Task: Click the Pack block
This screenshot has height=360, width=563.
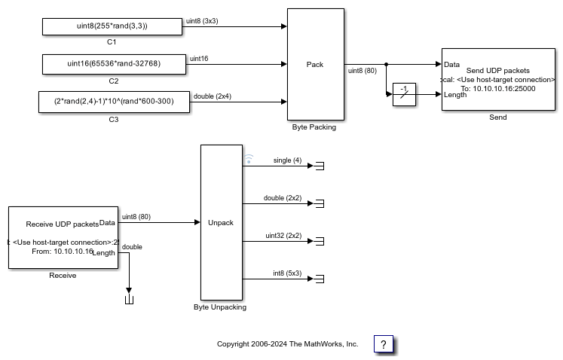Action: pos(315,65)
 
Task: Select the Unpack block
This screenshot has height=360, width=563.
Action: pos(221,222)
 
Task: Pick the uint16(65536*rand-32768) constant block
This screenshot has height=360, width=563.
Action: pos(113,64)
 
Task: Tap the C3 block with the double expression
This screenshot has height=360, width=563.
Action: pos(113,102)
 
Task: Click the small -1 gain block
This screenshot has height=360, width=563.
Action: pos(405,94)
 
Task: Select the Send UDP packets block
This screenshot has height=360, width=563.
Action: pos(497,79)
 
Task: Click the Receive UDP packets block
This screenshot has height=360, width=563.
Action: pos(63,237)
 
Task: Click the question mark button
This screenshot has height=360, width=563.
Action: pos(384,344)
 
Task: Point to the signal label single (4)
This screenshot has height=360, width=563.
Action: pos(287,160)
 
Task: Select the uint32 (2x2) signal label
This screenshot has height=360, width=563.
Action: pos(283,235)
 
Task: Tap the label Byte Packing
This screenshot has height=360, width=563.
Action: pos(314,127)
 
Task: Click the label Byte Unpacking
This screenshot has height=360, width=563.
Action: pos(220,307)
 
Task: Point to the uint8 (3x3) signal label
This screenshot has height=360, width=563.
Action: pos(202,21)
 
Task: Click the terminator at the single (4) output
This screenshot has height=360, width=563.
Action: pos(319,166)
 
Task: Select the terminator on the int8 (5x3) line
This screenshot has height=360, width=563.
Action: pos(319,279)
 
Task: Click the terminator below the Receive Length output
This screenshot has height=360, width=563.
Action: pos(129,301)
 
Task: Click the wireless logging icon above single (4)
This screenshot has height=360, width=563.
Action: pos(249,159)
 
